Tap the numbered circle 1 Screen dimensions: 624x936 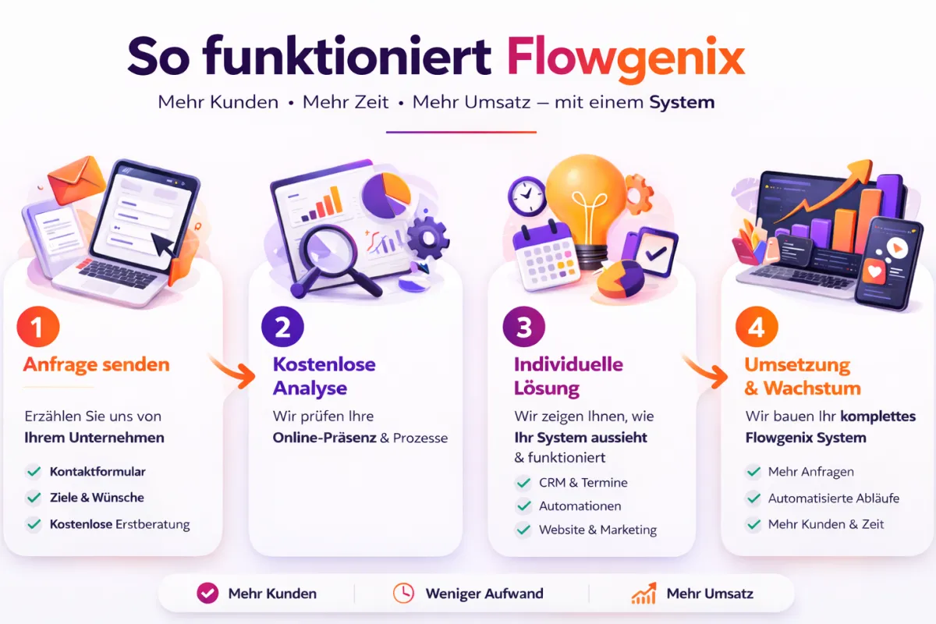pos(37,328)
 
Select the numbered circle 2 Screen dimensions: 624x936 pos(282,328)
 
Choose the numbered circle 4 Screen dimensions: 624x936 pos(756,328)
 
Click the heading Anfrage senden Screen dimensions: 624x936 pos(97,364)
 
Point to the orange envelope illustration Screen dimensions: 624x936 pos(75,176)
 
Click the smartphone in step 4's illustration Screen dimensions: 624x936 pos(888,261)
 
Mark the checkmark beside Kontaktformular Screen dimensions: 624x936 pos(34,471)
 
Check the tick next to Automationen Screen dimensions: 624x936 pos(523,506)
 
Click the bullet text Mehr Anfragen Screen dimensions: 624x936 pos(810,471)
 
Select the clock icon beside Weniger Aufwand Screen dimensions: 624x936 pos(403,594)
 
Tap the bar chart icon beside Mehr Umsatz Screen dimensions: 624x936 pos(643,594)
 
